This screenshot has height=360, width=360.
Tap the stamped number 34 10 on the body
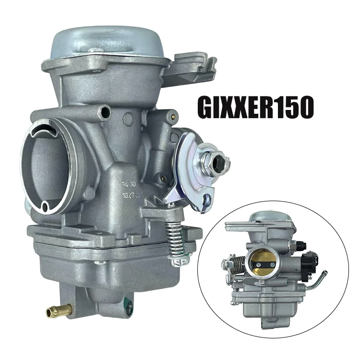coord(127,183)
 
